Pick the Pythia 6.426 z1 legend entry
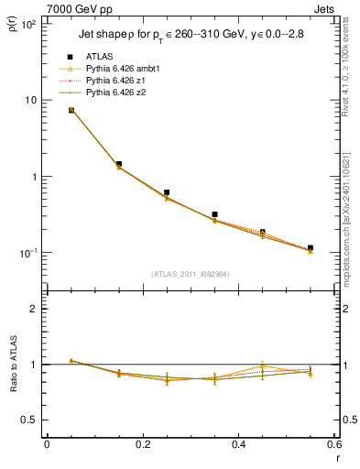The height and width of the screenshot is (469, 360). (115, 81)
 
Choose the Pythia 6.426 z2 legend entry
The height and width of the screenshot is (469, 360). (115, 93)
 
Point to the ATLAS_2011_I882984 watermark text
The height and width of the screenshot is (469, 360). (190, 273)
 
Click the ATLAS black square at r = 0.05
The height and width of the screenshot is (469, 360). (71, 110)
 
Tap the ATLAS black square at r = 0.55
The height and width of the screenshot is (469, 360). (311, 247)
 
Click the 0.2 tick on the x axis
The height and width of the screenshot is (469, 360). (142, 444)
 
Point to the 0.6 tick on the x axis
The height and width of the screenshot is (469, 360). (333, 444)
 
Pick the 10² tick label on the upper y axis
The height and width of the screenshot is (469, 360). (27, 24)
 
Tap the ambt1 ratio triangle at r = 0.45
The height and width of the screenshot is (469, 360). (263, 366)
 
